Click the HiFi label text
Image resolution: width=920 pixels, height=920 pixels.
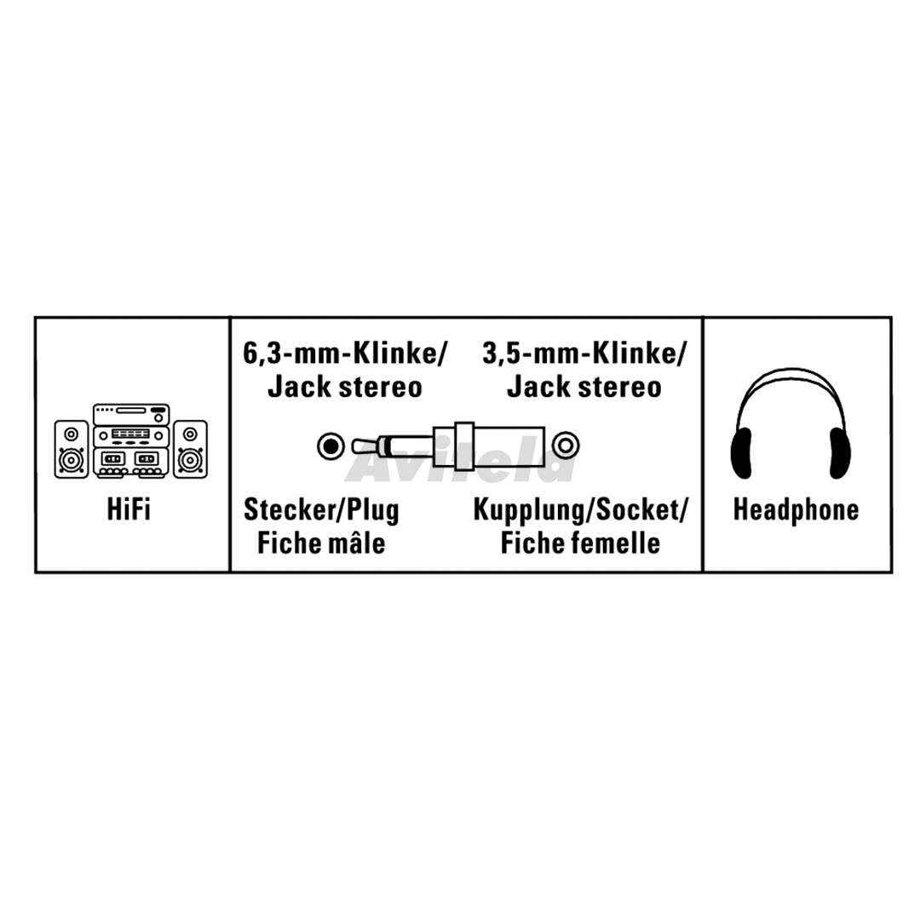(x=129, y=509)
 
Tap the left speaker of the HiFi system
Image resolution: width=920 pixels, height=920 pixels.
(x=72, y=449)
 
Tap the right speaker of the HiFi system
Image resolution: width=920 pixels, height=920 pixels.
(x=190, y=449)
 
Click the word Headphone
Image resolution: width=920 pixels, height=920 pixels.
(x=796, y=509)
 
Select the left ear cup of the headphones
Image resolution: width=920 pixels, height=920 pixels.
(x=741, y=452)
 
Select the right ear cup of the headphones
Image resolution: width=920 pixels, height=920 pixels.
(x=840, y=452)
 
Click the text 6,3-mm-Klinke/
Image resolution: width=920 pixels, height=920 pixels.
(x=345, y=355)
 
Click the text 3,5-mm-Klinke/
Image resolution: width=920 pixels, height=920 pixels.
(x=584, y=355)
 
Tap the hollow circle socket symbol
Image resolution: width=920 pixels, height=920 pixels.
(x=565, y=446)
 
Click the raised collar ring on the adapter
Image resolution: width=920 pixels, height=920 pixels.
(x=463, y=446)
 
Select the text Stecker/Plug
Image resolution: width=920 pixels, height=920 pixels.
(x=321, y=509)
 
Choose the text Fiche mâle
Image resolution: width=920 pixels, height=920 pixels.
(x=321, y=543)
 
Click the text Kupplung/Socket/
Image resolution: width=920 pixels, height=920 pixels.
(x=580, y=510)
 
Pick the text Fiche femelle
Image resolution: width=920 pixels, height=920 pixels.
(x=580, y=543)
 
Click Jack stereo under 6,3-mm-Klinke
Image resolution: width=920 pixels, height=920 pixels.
(x=345, y=388)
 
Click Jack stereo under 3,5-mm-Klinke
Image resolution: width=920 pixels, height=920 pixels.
(x=584, y=388)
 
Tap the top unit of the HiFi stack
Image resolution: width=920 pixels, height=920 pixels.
(x=131, y=414)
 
